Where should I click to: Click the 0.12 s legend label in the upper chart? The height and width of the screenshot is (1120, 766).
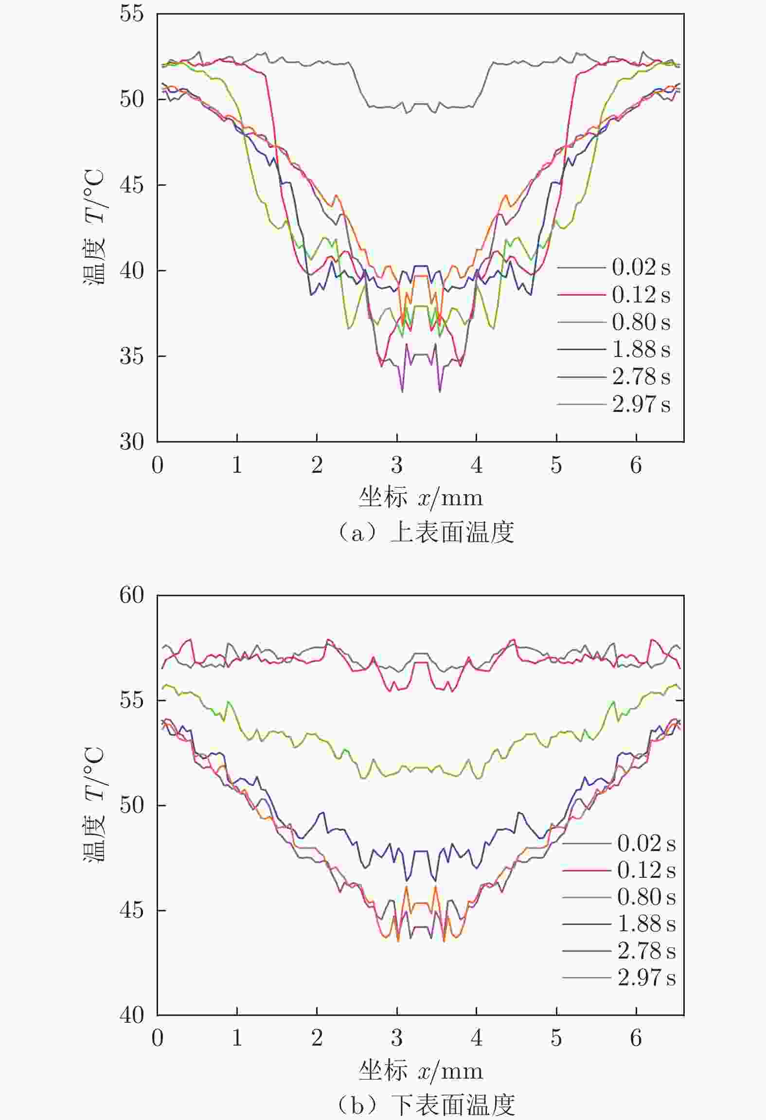[x=641, y=295]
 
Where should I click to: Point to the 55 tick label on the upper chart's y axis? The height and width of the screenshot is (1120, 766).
[x=132, y=14]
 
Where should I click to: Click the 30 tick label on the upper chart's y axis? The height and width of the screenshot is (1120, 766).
[x=132, y=442]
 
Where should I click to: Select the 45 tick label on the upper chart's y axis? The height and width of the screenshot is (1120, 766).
[x=132, y=185]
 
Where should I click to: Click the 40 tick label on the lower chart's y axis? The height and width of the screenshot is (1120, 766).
[x=132, y=1015]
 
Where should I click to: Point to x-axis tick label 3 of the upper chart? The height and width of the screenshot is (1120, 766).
[x=397, y=465]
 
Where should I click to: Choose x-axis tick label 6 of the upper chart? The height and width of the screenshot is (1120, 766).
[x=636, y=465]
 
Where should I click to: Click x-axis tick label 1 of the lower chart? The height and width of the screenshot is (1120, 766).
[x=237, y=1038]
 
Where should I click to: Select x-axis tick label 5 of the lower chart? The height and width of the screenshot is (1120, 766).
[x=556, y=1038]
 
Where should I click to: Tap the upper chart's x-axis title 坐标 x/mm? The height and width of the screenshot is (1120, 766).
[x=421, y=498]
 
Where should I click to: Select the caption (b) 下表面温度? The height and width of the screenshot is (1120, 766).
[x=426, y=1104]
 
